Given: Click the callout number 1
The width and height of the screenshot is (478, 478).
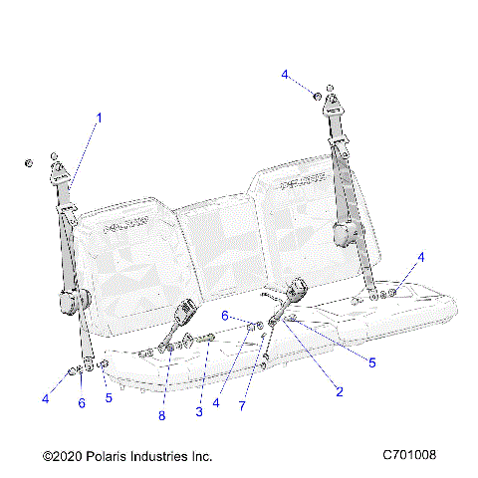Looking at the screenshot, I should pyautogui.click(x=100, y=118).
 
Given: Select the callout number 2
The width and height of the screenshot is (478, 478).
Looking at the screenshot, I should pyautogui.click(x=339, y=391).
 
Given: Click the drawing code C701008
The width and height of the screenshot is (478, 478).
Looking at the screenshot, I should pyautogui.click(x=409, y=455).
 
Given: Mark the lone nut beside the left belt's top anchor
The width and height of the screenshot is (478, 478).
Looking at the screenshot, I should pyautogui.click(x=30, y=162).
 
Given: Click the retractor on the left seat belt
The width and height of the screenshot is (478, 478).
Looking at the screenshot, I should pyautogui.click(x=80, y=299).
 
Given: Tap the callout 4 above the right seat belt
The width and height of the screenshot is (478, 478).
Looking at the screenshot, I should pyautogui.click(x=284, y=75).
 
